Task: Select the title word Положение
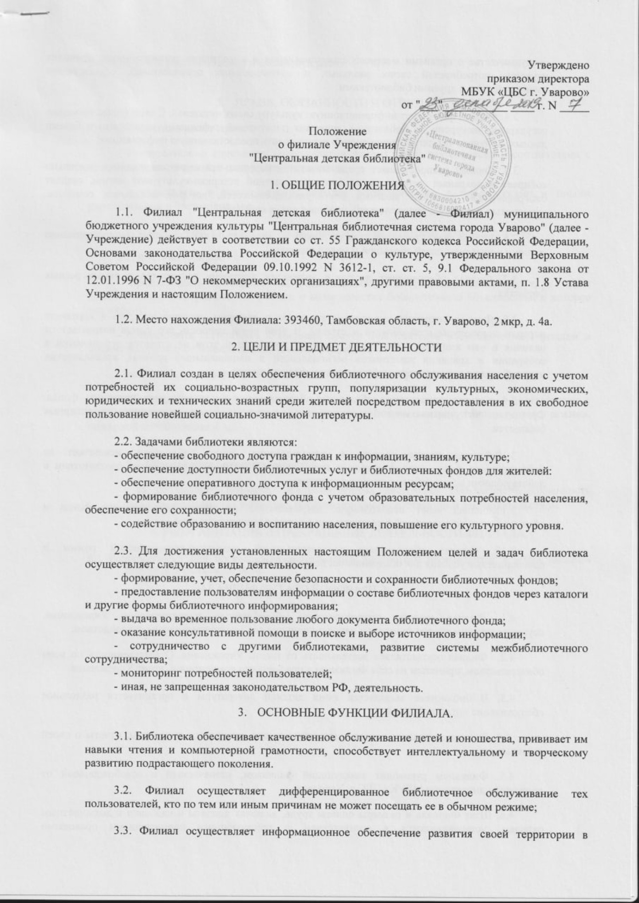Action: click(x=338, y=132)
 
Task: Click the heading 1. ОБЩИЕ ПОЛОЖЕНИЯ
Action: click(x=338, y=183)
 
